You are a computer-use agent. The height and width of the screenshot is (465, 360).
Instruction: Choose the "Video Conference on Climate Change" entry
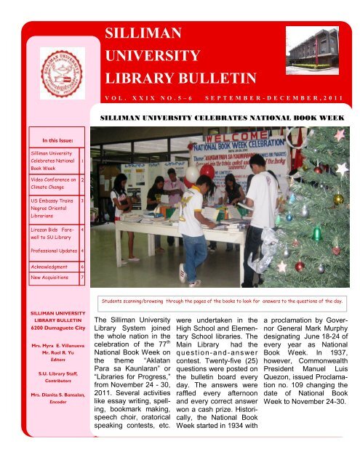click(x=49, y=182)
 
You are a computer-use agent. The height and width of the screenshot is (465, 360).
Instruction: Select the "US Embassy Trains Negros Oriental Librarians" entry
click(x=49, y=206)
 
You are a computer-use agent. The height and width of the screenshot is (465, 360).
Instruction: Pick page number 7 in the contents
click(x=83, y=278)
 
